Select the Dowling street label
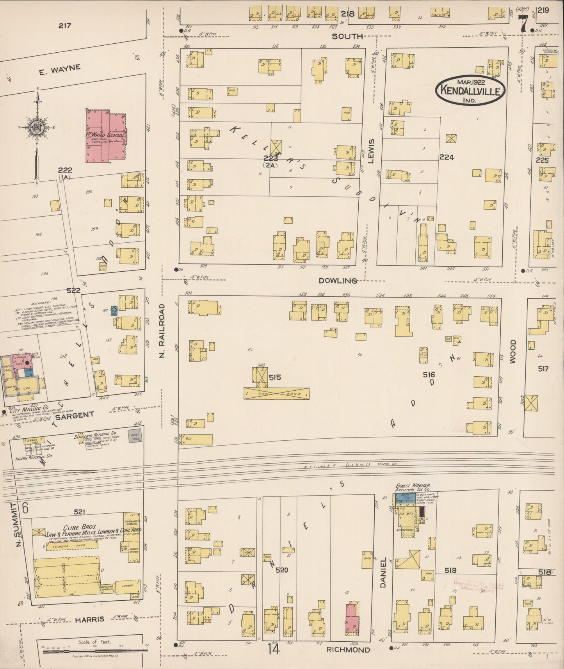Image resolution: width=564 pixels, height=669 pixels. [x=338, y=281]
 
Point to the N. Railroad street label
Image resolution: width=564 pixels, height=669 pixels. [x=163, y=331]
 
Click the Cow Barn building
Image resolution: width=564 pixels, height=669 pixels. [x=277, y=393]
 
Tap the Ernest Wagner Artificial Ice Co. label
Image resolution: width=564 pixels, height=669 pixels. [x=413, y=487]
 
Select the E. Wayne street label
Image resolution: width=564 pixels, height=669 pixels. [x=60, y=69]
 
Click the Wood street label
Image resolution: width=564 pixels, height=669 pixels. [x=512, y=351]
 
